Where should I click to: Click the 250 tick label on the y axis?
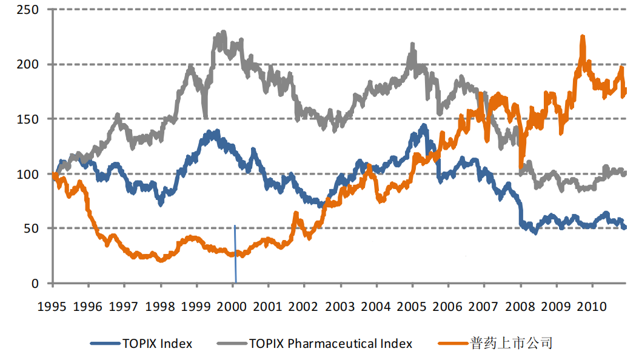pyautogui.click(x=28, y=10)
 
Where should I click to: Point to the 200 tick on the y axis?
pyautogui.click(x=28, y=65)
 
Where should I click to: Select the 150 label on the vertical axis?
pyautogui.click(x=28, y=119)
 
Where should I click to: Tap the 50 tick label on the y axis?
pyautogui.click(x=32, y=228)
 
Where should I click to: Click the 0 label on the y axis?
pyautogui.click(x=35, y=283)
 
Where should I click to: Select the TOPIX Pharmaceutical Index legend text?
pyautogui.click(x=330, y=344)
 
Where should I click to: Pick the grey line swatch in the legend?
pyautogui.click(x=230, y=344)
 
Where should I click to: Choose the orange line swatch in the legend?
pyautogui.click(x=452, y=344)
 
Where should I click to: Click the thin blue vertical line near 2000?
pyautogui.click(x=235, y=255)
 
